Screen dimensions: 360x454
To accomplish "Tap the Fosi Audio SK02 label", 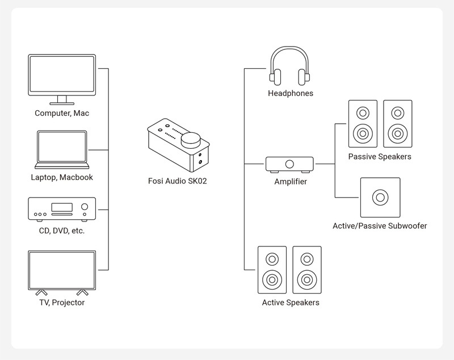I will (178, 181).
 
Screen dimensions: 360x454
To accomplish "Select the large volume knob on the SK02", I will (191, 140).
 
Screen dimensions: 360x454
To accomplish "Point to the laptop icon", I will (62, 149).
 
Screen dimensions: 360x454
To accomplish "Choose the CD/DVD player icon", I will (62, 209).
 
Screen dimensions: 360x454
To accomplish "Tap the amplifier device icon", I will (289, 165).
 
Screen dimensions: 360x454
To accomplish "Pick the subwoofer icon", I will (380, 198).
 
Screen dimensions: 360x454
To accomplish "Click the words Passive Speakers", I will (380, 156).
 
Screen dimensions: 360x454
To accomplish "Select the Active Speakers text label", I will (291, 303).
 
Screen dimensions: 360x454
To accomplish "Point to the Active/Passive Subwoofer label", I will (380, 226).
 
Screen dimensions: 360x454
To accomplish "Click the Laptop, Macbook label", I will (62, 177).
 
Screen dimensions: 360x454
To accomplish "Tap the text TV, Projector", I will (62, 303).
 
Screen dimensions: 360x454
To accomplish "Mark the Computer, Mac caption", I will (62, 113).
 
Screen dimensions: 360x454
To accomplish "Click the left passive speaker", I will (363, 124).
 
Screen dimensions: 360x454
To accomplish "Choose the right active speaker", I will (307, 270).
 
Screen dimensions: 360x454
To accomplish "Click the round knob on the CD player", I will (85, 207).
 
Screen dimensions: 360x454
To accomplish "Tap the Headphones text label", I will (291, 93).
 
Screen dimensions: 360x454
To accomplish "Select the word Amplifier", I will (291, 182).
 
